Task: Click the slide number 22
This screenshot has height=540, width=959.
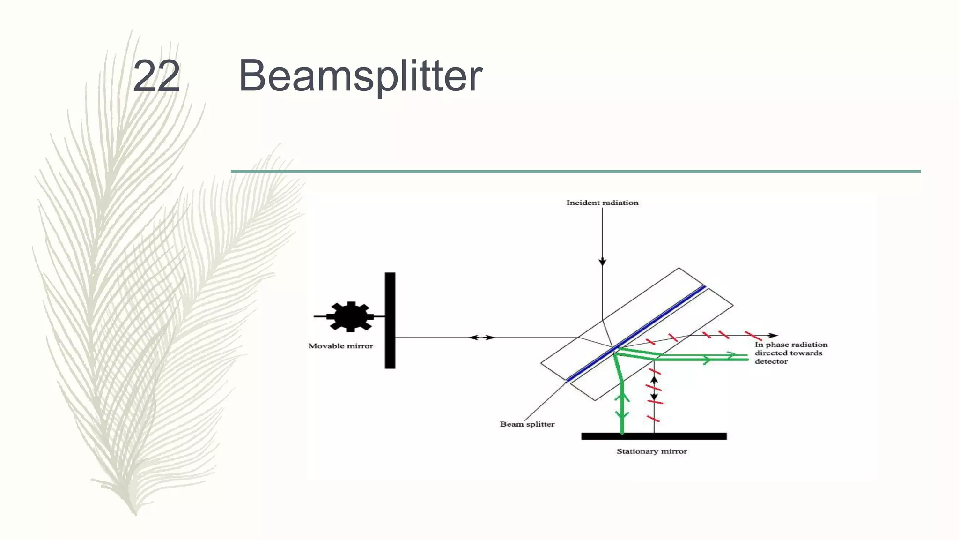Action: [156, 76]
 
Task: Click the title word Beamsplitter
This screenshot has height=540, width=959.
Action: [360, 76]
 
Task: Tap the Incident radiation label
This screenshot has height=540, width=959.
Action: [602, 202]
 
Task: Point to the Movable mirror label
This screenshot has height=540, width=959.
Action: [340, 346]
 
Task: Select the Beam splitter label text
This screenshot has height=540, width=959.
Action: [527, 424]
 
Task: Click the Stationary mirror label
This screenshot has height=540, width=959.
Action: [651, 451]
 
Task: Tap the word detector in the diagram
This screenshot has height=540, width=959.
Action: [771, 361]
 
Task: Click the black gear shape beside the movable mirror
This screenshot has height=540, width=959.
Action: [350, 316]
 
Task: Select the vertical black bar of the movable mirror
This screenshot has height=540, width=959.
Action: [390, 320]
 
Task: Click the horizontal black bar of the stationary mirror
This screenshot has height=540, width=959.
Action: [654, 436]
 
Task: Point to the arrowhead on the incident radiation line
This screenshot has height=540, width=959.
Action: [603, 262]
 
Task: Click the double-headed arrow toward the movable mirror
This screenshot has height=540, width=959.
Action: [482, 337]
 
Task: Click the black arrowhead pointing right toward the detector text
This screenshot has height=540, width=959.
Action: [773, 335]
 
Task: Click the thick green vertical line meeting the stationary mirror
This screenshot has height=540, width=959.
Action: [622, 408]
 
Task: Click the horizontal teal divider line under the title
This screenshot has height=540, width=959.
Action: [575, 172]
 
